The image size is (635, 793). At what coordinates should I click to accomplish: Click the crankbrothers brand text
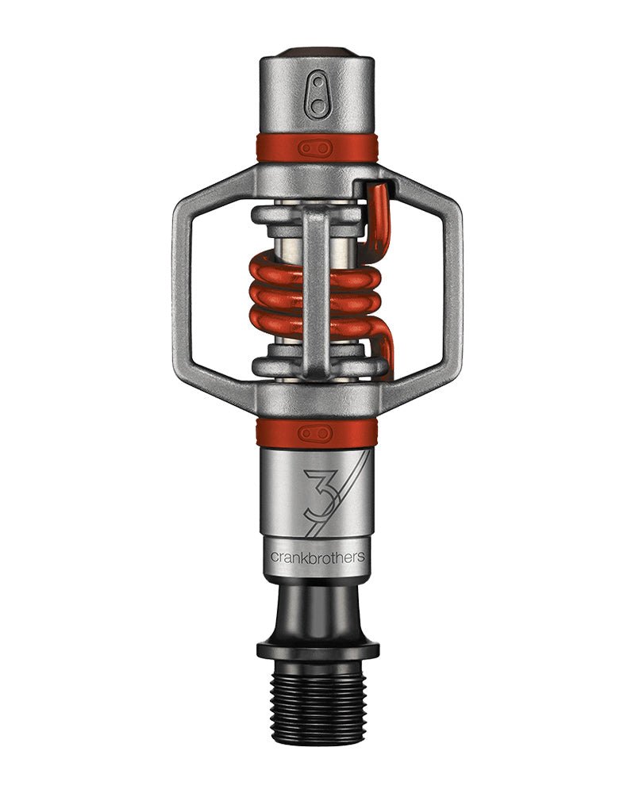(317, 557)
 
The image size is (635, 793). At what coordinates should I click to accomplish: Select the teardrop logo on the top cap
(318, 94)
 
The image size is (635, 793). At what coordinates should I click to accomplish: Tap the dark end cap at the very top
(317, 52)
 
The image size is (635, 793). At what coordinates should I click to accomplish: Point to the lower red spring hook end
(386, 354)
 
